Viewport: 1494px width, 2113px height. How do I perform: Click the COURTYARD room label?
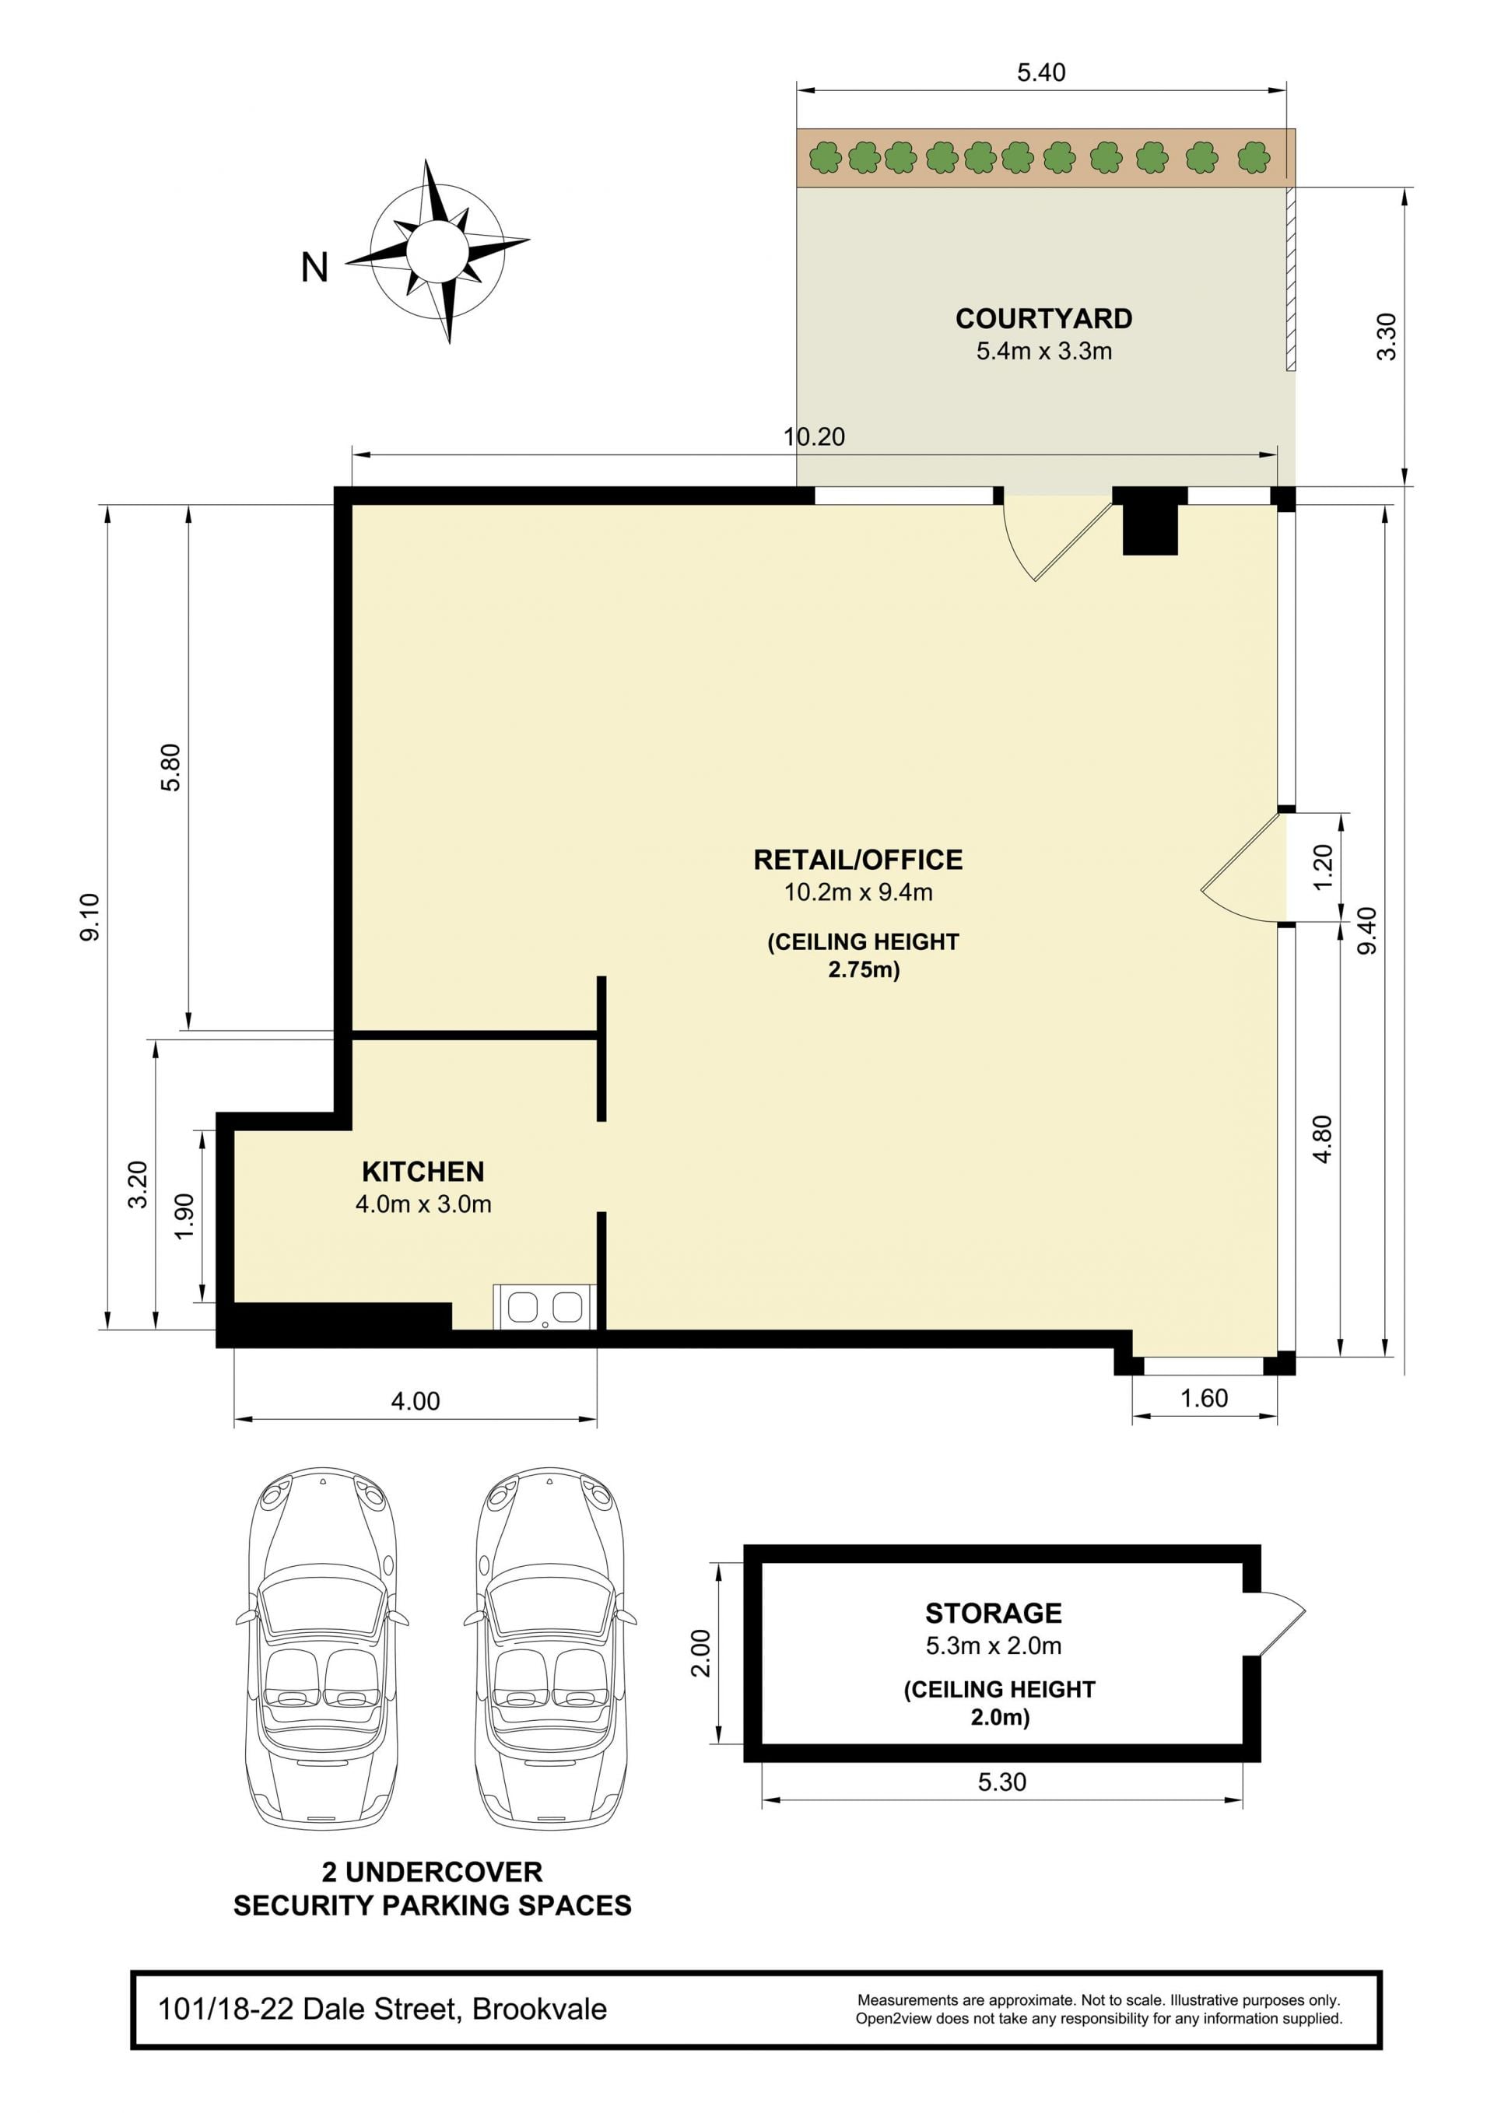(1044, 318)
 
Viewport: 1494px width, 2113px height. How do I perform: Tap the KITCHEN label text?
(423, 1172)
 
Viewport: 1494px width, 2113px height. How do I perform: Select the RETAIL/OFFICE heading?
(858, 860)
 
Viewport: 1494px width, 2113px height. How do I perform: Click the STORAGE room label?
(993, 1614)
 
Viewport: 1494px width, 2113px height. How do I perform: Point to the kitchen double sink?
(545, 1307)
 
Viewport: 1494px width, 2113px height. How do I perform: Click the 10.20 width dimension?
(814, 436)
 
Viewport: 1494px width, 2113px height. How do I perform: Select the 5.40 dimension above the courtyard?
(1041, 72)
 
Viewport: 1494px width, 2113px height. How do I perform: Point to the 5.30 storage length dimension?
(1001, 1782)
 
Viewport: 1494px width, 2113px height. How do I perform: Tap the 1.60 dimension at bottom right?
(1204, 1398)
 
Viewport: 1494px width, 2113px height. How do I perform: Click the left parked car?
(322, 1649)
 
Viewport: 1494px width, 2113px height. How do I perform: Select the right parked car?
(550, 1649)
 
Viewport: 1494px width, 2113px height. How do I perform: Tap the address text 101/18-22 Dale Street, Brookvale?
(382, 2008)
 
